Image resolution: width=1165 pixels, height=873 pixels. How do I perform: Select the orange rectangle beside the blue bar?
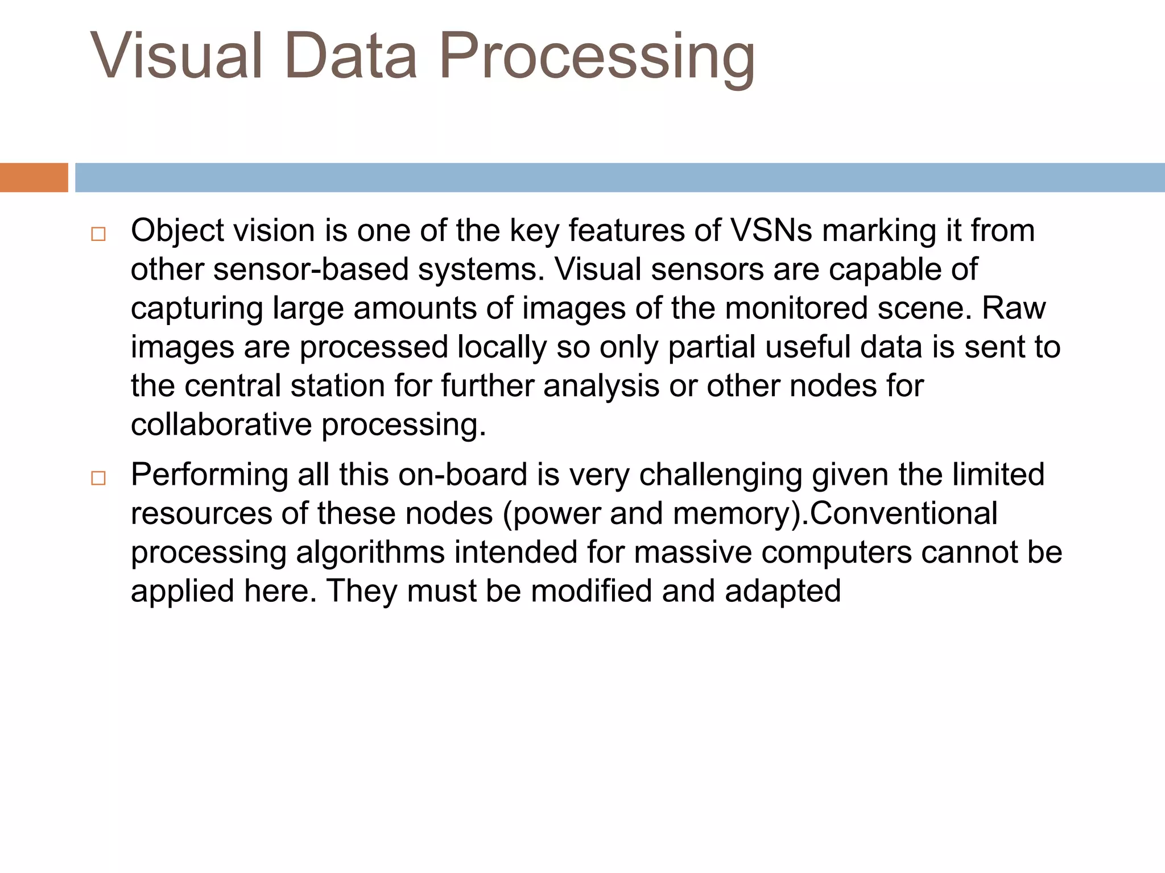click(x=34, y=177)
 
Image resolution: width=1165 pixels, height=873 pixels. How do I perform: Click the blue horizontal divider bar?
click(x=620, y=177)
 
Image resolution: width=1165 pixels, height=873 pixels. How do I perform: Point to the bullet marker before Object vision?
click(x=98, y=234)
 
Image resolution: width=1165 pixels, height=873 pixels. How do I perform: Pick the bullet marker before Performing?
click(x=98, y=478)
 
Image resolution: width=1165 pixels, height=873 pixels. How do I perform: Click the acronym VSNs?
click(x=771, y=231)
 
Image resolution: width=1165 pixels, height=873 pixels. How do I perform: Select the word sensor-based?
click(x=311, y=269)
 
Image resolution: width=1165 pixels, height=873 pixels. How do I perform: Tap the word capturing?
click(x=197, y=309)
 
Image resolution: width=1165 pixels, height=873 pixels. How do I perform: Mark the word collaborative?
click(x=221, y=425)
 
